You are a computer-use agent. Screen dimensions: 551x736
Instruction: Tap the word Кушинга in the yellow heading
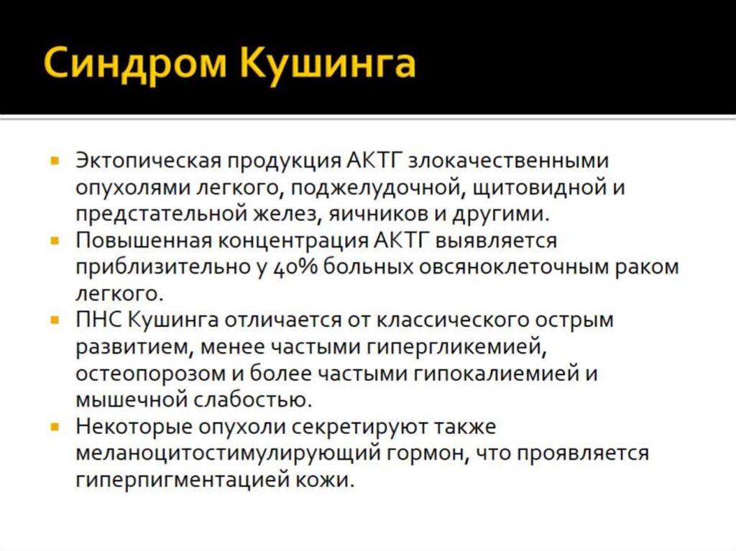(328, 63)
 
